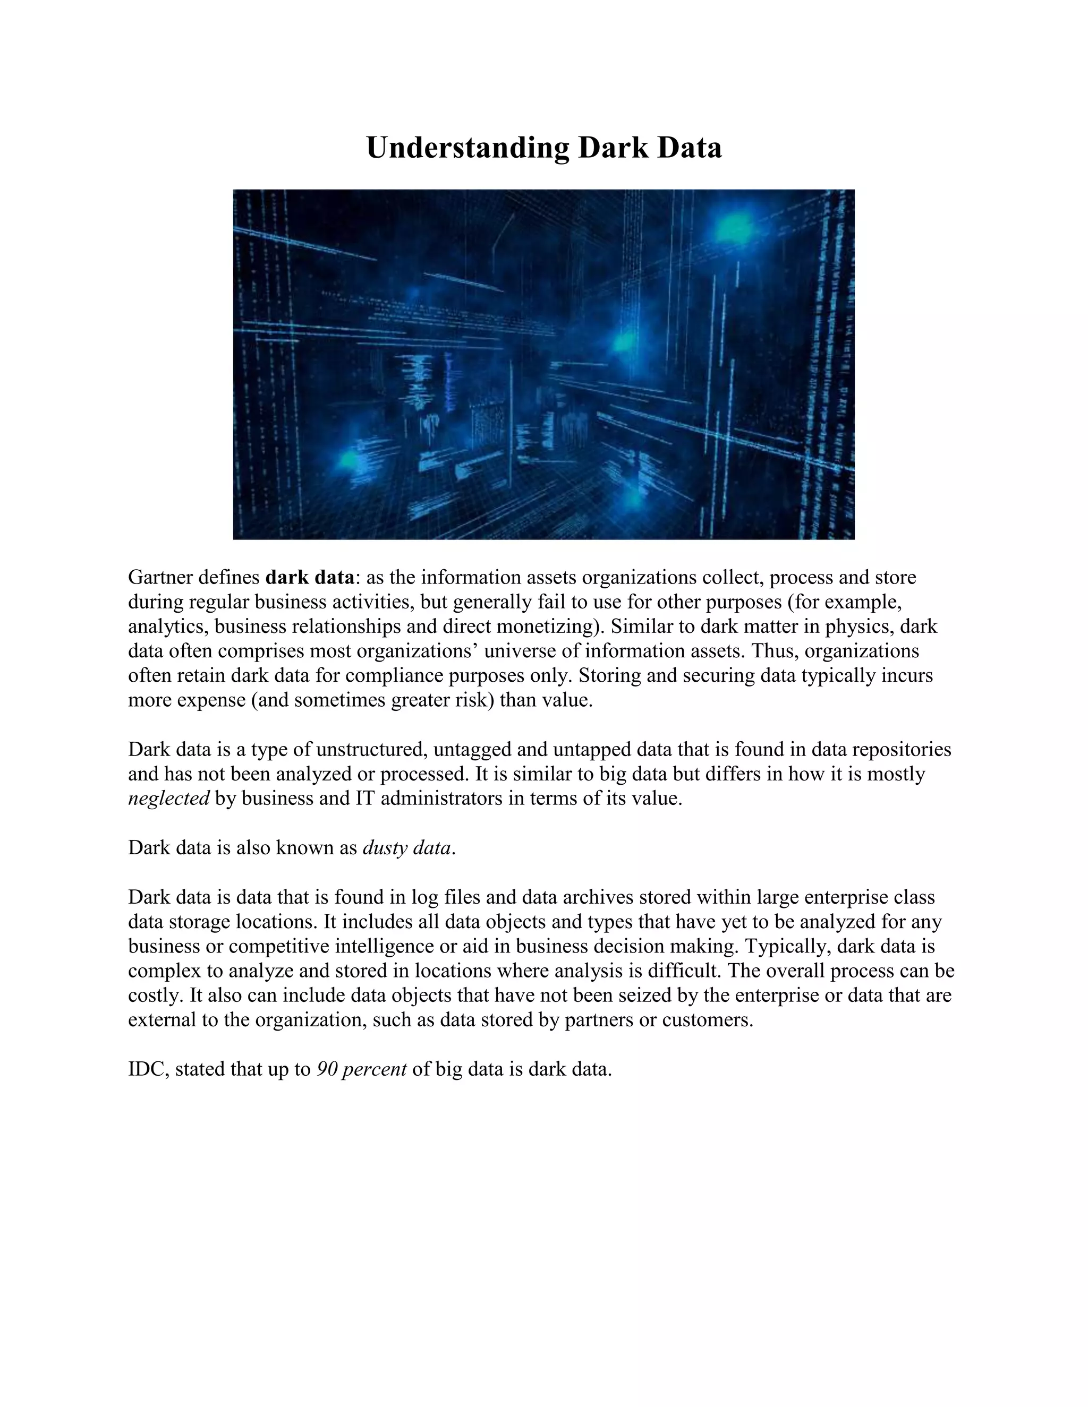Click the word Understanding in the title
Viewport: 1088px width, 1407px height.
[x=467, y=148]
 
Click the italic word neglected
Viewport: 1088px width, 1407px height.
[x=169, y=799]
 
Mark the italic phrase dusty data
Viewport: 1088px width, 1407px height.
[x=407, y=848]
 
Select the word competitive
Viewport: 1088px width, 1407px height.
[x=279, y=946]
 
